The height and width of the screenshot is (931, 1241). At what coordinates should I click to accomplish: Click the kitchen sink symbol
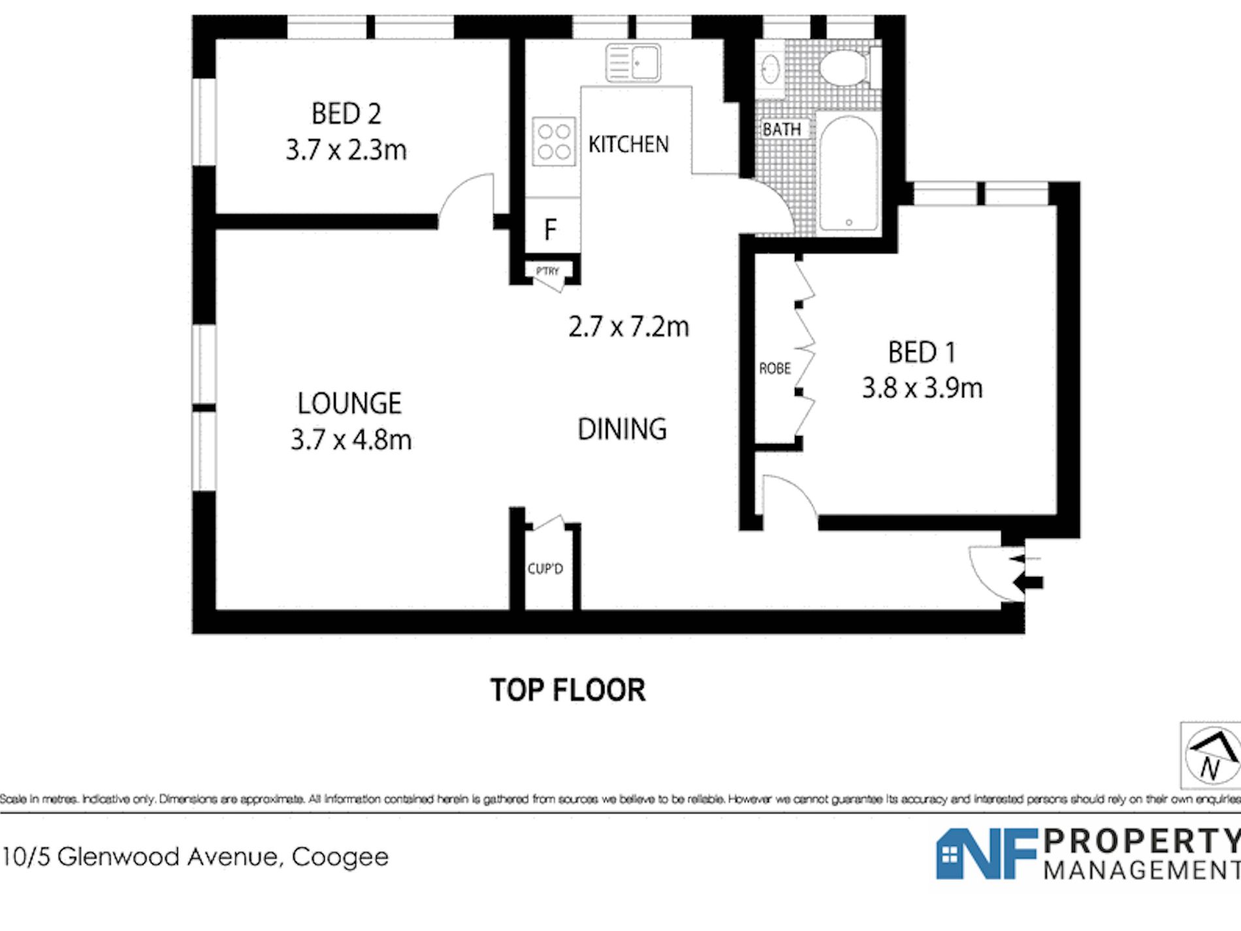(x=633, y=63)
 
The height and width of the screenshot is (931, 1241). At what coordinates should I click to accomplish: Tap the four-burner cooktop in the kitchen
(x=554, y=141)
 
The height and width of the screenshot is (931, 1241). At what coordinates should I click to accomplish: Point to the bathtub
(x=848, y=173)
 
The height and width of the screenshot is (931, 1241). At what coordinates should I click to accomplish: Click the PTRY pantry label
(x=547, y=271)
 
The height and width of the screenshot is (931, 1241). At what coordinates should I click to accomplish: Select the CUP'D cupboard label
(x=545, y=569)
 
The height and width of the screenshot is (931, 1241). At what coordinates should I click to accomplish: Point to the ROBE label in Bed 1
(x=775, y=368)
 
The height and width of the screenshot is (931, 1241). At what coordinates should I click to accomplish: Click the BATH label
(x=782, y=129)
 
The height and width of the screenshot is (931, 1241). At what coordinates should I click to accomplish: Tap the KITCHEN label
(x=628, y=144)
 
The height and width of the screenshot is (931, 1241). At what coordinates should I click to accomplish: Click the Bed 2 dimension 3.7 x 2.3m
(x=346, y=150)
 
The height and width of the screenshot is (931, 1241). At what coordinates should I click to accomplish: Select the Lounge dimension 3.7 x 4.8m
(x=351, y=440)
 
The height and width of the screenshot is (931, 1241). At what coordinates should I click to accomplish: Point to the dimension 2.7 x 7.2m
(x=628, y=327)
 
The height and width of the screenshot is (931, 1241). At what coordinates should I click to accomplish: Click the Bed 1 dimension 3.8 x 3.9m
(x=922, y=388)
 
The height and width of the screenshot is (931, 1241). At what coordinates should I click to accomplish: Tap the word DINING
(x=622, y=429)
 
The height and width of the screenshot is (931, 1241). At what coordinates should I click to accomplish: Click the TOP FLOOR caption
(x=568, y=690)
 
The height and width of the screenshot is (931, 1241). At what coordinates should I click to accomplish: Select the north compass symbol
(x=1212, y=756)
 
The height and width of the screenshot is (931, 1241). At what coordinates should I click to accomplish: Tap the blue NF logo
(x=986, y=853)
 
